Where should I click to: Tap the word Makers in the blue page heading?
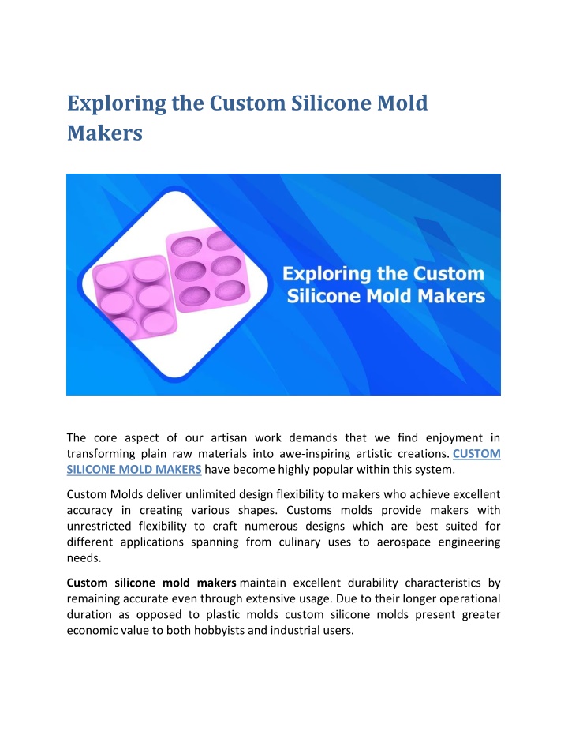tap(104, 133)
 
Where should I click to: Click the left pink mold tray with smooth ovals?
tap(134, 297)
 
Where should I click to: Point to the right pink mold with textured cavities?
tap(207, 269)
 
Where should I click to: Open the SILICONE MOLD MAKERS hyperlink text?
tap(134, 470)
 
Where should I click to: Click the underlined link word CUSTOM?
tap(476, 454)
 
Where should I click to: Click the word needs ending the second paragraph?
tap(84, 558)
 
